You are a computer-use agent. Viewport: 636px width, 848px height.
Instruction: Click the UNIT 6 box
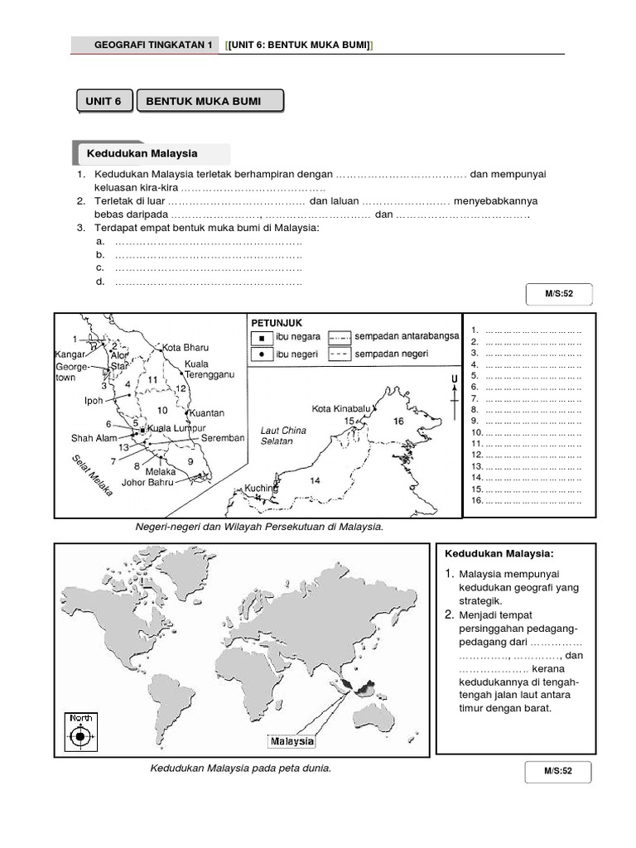pyautogui.click(x=103, y=102)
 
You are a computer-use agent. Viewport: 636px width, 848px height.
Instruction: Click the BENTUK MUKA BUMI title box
pyautogui.click(x=209, y=102)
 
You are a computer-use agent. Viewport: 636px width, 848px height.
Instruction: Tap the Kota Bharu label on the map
pyautogui.click(x=185, y=347)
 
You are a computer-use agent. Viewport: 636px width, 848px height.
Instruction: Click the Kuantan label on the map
pyautogui.click(x=207, y=412)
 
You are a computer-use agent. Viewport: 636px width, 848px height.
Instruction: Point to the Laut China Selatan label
pyautogui.click(x=283, y=436)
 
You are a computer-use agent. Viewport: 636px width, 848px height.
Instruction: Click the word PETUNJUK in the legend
pyautogui.click(x=276, y=322)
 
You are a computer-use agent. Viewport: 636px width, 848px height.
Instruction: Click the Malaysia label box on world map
pyautogui.click(x=291, y=740)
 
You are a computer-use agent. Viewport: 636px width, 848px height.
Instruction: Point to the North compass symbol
pyautogui.click(x=80, y=734)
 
